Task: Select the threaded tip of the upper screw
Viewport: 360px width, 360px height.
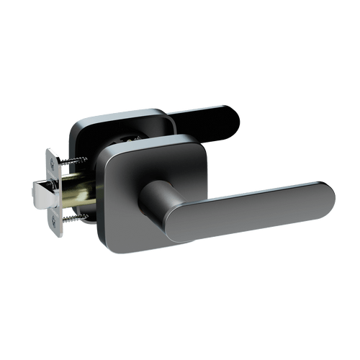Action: coord(85,159)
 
